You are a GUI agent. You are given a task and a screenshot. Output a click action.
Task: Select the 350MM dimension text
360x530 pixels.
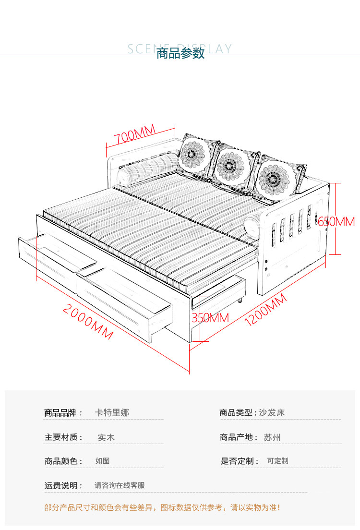[x=210, y=317]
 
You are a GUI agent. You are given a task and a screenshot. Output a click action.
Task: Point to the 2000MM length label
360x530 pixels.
[x=89, y=322]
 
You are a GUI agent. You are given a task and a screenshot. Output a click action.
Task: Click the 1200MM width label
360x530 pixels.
[x=265, y=310]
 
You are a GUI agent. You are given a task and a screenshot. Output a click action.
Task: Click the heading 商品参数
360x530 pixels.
[x=180, y=53]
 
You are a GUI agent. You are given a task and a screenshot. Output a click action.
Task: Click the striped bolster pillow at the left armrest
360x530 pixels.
[x=146, y=168]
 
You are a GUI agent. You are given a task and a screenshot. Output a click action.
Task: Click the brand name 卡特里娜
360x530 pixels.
[x=112, y=412]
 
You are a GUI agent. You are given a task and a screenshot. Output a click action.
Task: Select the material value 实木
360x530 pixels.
[x=106, y=437]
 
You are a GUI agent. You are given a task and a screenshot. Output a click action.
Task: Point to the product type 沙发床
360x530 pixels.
[x=272, y=412]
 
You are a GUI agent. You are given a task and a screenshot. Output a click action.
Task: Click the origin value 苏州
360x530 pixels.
[x=272, y=437]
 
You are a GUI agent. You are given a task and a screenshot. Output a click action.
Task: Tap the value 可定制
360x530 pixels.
[x=277, y=461]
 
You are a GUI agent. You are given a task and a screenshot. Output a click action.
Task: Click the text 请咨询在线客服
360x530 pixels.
[x=120, y=485]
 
